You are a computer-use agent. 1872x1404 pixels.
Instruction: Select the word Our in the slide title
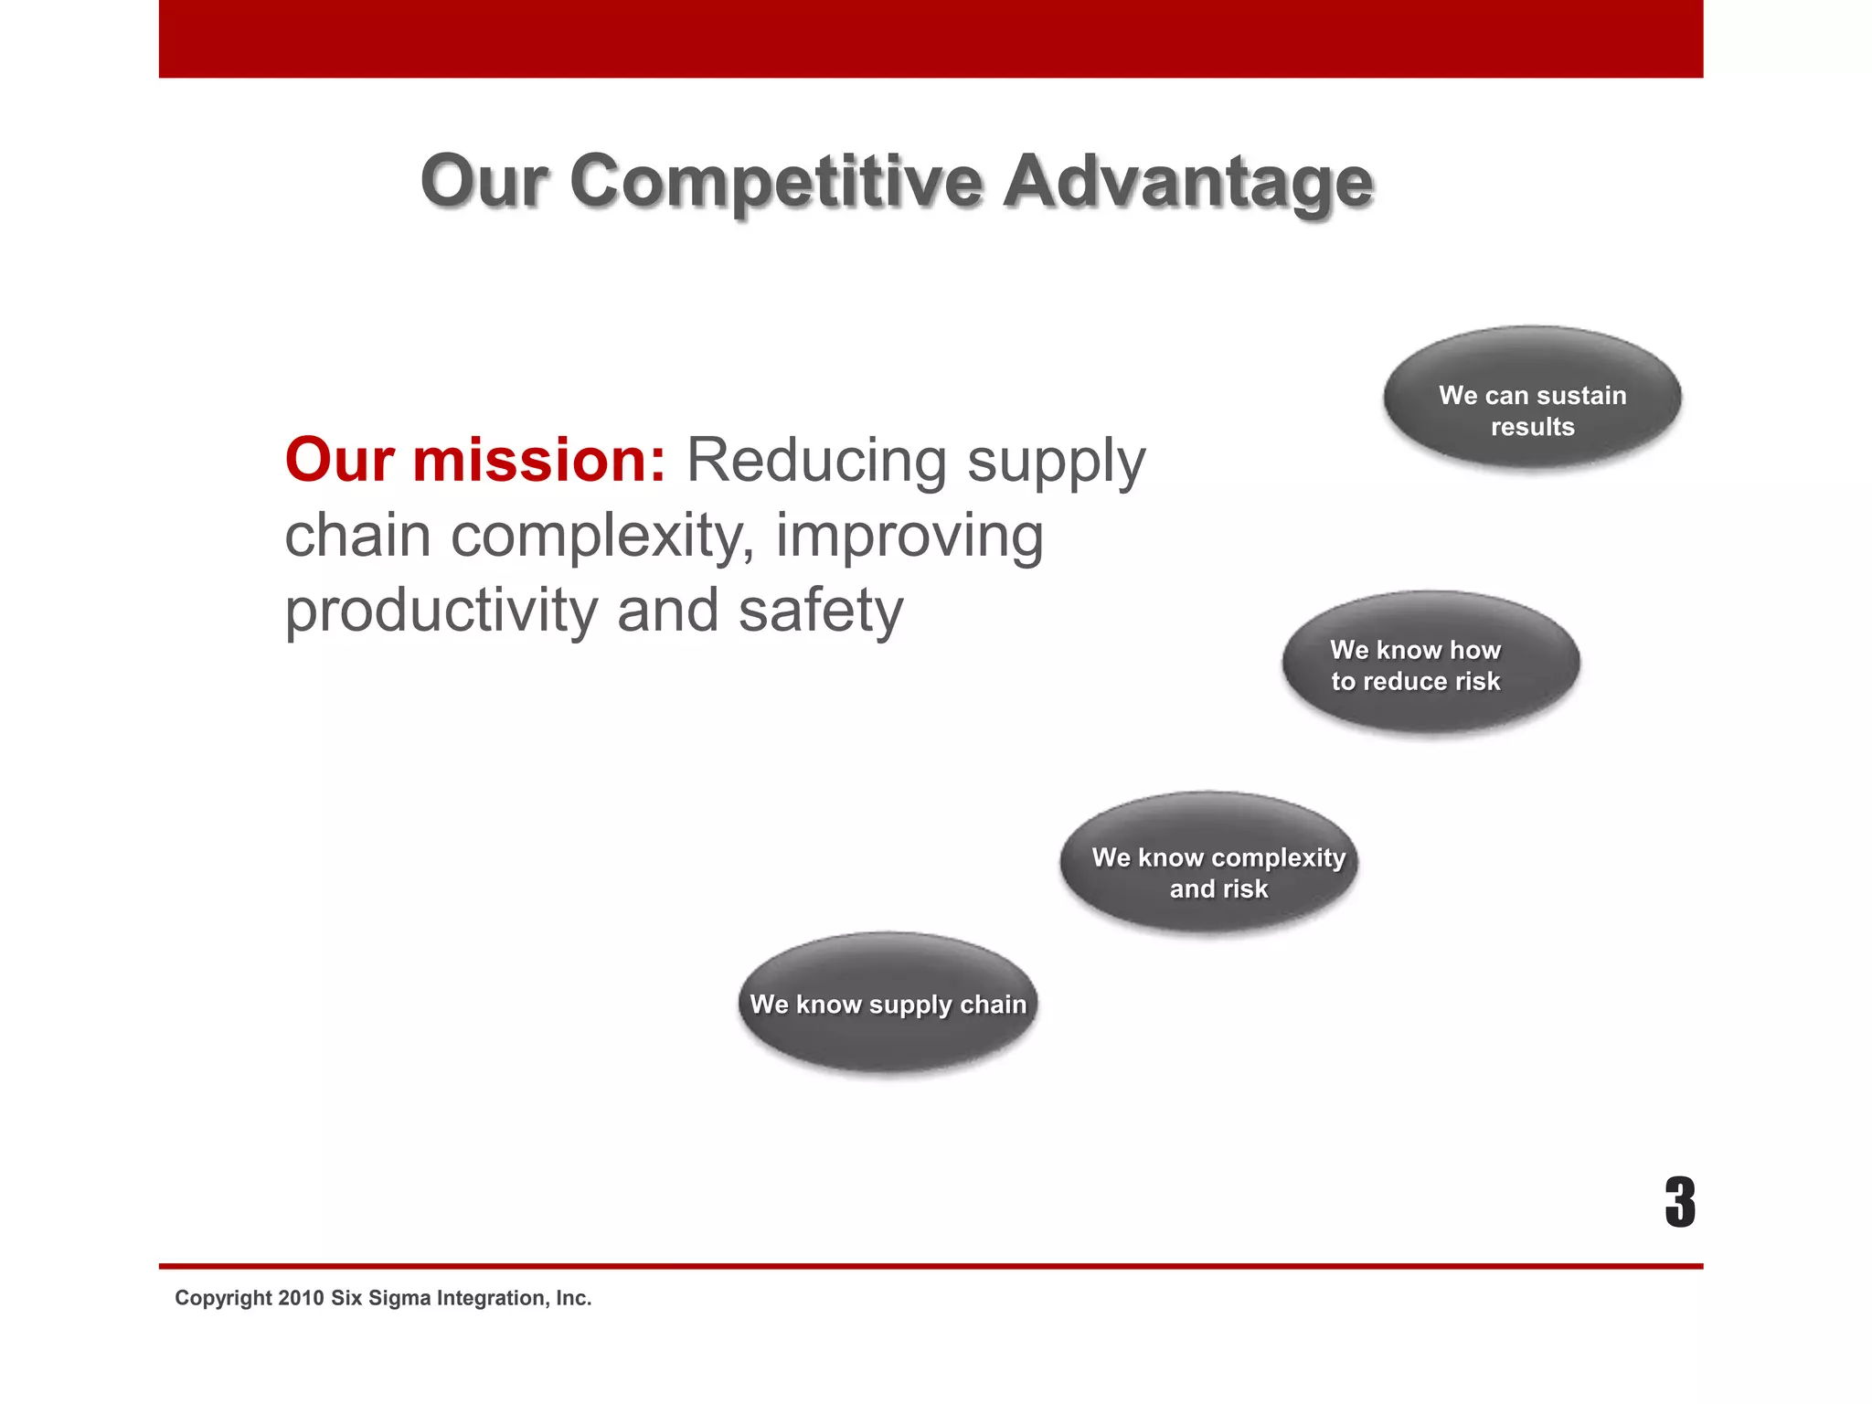pos(484,181)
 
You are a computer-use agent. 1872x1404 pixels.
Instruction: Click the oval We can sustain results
pos(1532,399)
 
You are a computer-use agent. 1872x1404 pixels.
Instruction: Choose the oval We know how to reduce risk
pos(1431,663)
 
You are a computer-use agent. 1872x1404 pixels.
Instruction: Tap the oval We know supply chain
pos(888,1003)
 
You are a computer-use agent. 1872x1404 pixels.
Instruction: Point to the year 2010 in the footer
pos(301,1298)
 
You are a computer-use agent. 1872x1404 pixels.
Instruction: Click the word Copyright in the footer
pos(223,1298)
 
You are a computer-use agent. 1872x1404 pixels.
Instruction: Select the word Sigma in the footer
pos(399,1298)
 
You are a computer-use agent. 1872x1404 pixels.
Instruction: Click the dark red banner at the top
pos(931,38)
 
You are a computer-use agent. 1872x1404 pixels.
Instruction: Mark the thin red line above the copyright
pos(931,1266)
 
